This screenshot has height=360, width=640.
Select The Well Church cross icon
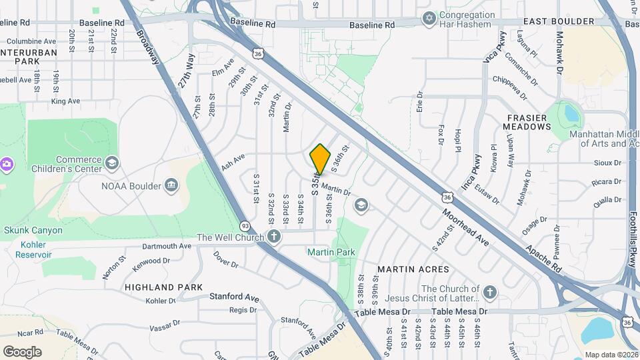(274, 237)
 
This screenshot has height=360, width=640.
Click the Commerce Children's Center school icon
(111, 163)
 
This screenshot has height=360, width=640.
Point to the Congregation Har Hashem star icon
(429, 16)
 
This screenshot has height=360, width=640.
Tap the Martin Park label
(331, 252)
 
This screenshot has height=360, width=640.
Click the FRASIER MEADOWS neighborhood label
(525, 122)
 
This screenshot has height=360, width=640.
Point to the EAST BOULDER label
(558, 22)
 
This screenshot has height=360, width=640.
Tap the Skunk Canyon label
(33, 231)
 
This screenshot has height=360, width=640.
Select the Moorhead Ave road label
(467, 227)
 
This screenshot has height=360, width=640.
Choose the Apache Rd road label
(543, 256)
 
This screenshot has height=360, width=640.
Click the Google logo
(22, 351)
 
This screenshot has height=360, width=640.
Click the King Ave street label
(65, 101)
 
